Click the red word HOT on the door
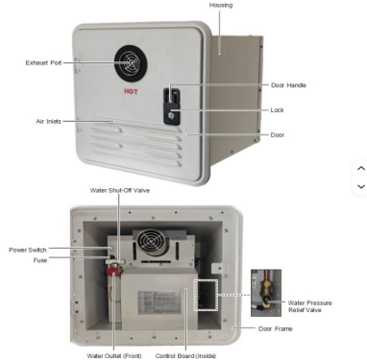pos(131,91)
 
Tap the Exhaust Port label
pos(43,62)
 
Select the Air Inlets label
pos(48,121)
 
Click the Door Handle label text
pos(288,85)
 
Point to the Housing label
pos(221,5)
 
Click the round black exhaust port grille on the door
pos(131,63)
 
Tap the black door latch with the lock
pos(172,107)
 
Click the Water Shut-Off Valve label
pos(120,190)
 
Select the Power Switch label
pos(28,250)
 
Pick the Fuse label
pos(40,260)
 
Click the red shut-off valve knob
pos(111,272)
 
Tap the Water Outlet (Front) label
pos(114,356)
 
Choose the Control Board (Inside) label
pos(185,356)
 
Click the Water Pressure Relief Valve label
pos(309,306)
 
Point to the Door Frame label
pos(276,328)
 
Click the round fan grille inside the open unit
pos(152,242)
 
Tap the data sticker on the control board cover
pos(159,302)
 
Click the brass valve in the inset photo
pos(265,291)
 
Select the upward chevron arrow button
pos(361,168)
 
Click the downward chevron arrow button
pos(361,186)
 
